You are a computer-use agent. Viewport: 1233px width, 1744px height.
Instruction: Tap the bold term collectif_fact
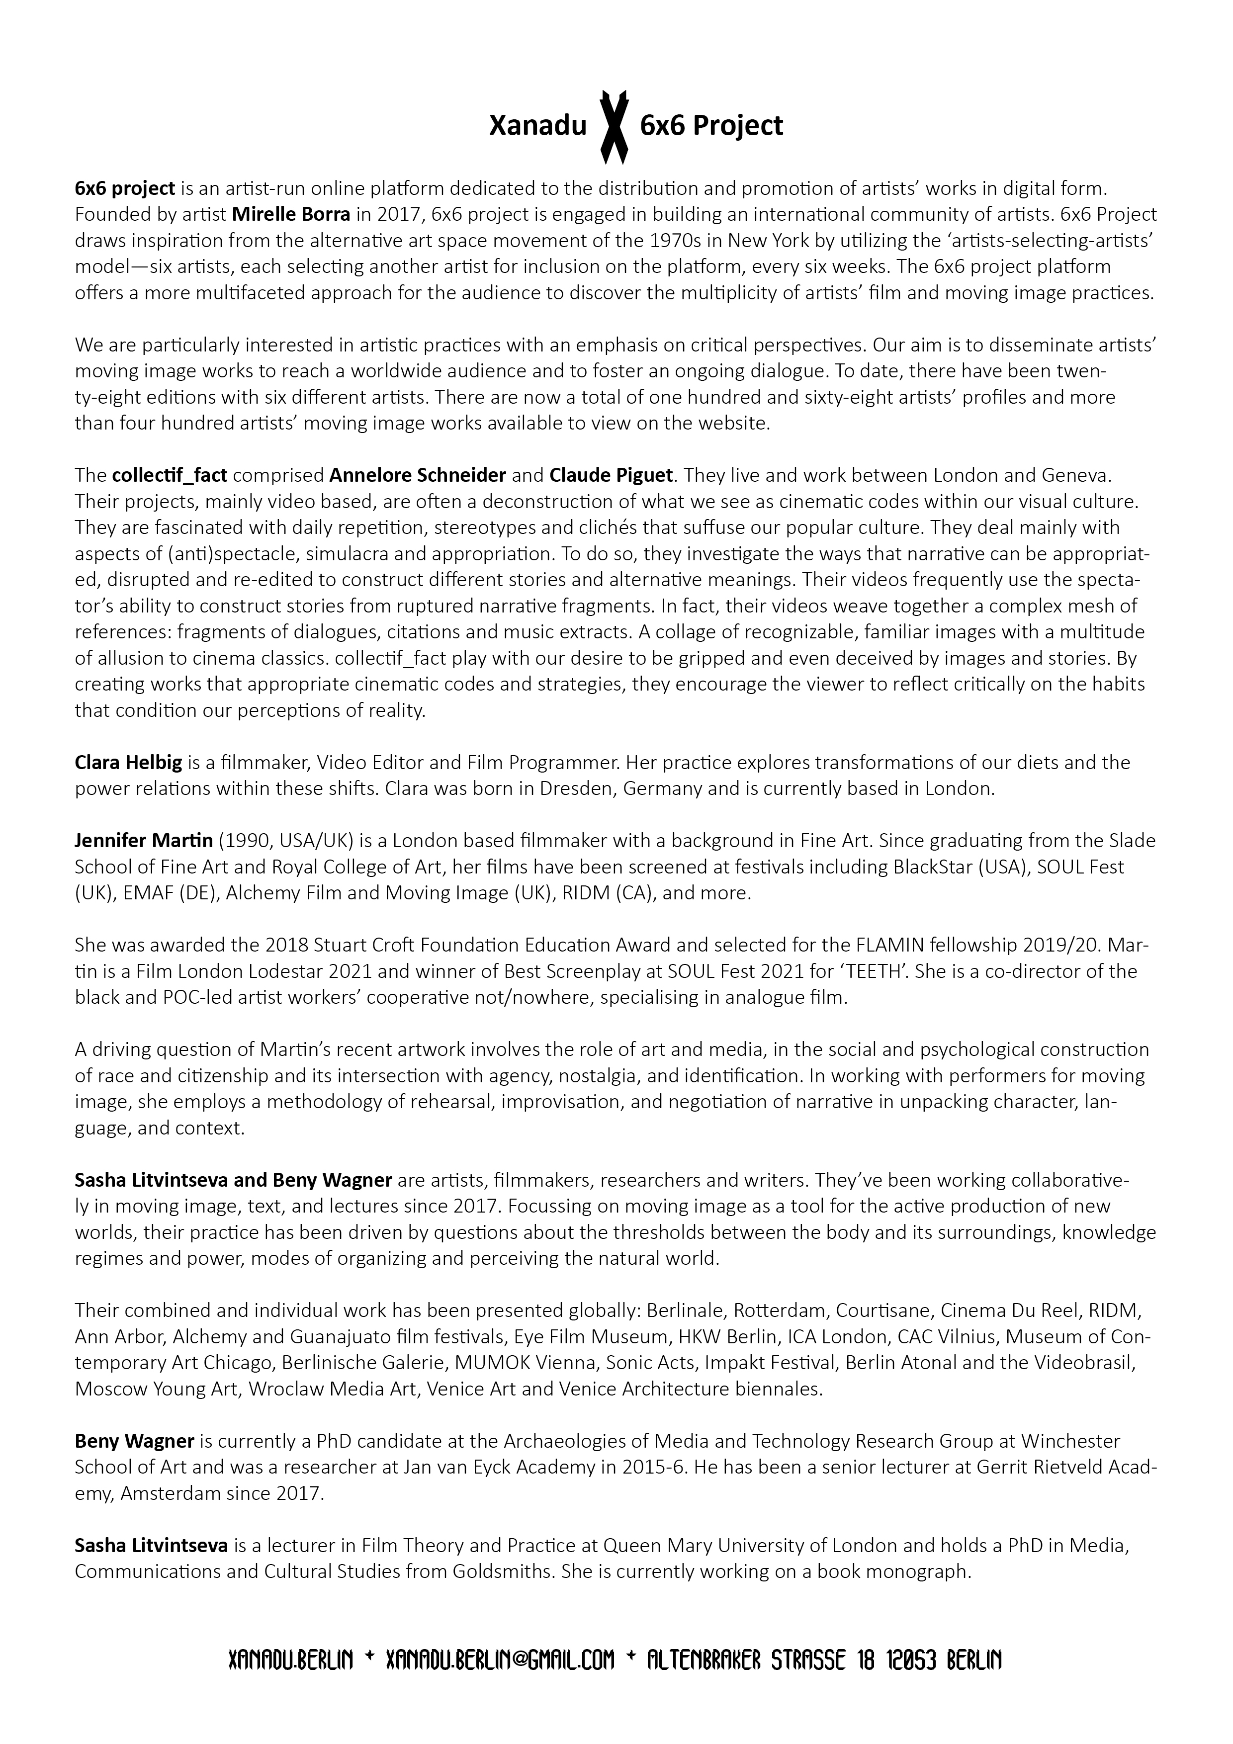point(170,475)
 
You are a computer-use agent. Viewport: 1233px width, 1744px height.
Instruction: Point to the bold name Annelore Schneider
point(418,475)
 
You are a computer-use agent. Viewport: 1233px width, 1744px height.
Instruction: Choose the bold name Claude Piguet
point(611,475)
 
